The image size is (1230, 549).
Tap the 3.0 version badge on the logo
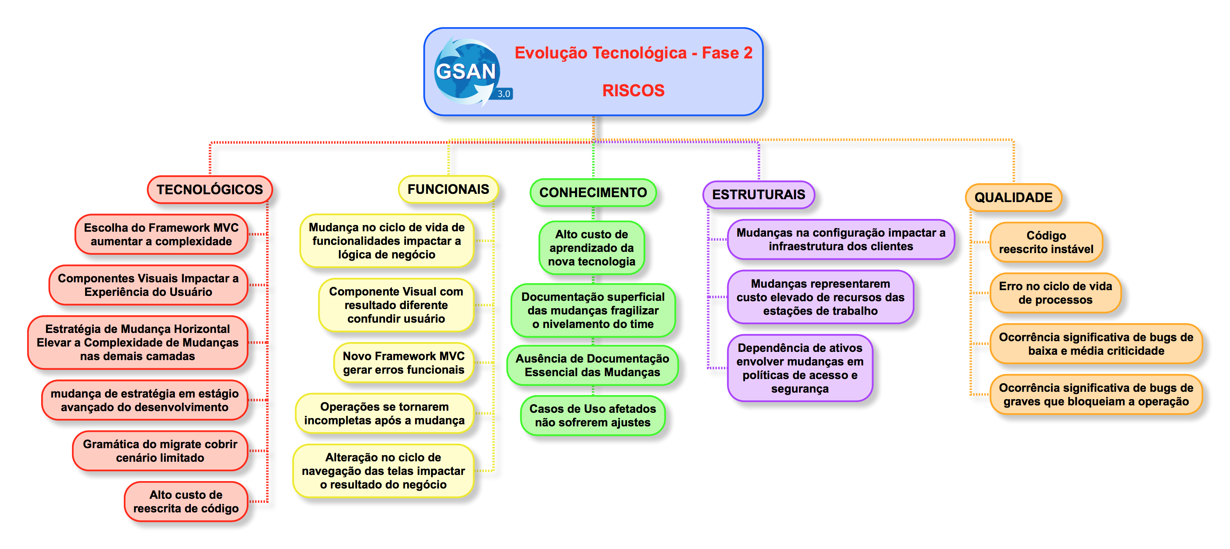(x=504, y=94)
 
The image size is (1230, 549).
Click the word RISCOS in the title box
(x=633, y=90)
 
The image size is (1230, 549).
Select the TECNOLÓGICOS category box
(x=210, y=190)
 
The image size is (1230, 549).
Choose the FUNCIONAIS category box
(x=448, y=189)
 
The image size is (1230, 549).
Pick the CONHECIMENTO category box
(x=593, y=193)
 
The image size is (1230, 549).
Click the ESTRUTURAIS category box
(x=758, y=195)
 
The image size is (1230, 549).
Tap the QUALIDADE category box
(x=1013, y=197)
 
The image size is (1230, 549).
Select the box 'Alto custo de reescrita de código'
(x=186, y=501)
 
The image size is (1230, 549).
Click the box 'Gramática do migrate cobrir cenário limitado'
(x=160, y=451)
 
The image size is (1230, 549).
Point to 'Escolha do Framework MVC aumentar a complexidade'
(x=161, y=234)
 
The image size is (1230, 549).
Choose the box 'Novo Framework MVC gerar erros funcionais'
(x=404, y=363)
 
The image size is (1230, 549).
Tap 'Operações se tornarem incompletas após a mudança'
(x=384, y=413)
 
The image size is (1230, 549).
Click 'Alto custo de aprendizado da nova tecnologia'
(x=592, y=247)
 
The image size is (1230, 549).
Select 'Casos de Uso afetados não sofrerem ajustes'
(x=592, y=415)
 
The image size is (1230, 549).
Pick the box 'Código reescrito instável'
(x=1046, y=242)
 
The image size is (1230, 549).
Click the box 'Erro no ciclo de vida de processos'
(x=1055, y=293)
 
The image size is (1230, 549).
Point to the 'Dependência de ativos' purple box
(x=800, y=368)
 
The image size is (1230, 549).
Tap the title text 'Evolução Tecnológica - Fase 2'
(x=633, y=53)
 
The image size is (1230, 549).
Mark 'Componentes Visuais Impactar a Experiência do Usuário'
(x=149, y=285)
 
